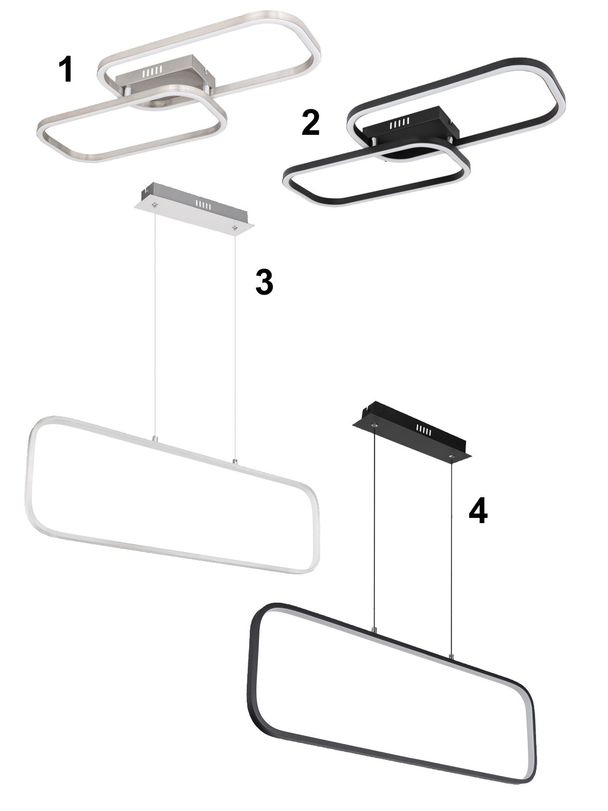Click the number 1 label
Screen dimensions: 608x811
pyautogui.click(x=66, y=70)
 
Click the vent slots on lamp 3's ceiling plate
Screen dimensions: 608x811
pyautogui.click(x=203, y=205)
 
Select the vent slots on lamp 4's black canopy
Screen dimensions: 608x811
pyautogui.click(x=424, y=430)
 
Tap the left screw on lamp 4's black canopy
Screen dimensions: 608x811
pyautogui.click(x=374, y=426)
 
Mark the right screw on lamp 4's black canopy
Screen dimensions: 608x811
pyautogui.click(x=451, y=457)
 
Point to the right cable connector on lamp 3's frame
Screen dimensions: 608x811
pyautogui.click(x=235, y=461)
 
